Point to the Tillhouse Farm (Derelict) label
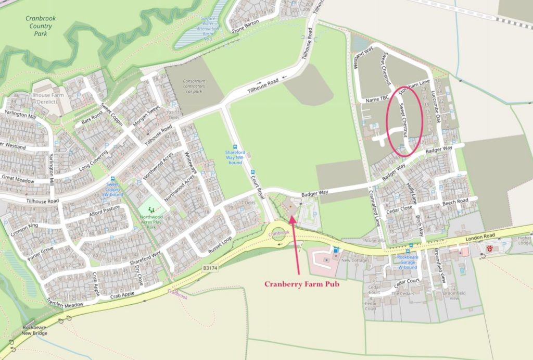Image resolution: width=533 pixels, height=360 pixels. point(46,98)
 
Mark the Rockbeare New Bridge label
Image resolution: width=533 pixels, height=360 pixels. point(35,330)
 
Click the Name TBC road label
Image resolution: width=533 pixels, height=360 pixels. point(378,98)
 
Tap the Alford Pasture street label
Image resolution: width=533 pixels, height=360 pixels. point(104,213)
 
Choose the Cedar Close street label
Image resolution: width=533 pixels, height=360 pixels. point(399,209)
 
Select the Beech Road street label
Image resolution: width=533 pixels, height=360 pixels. point(455,201)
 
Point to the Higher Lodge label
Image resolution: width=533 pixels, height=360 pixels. point(524,241)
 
